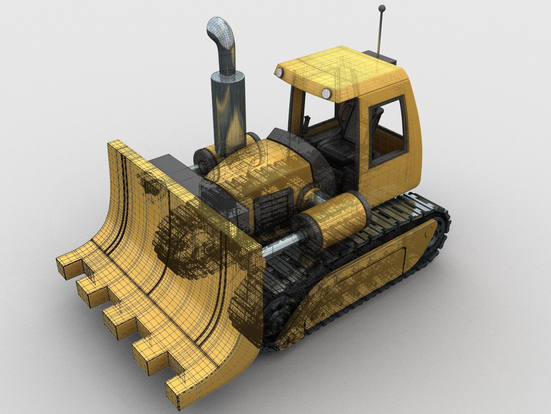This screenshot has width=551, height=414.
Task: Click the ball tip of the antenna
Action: tap(381, 8)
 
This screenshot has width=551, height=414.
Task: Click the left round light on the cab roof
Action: tap(280, 72)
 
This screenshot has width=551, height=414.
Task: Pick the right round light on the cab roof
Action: tap(326, 92)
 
